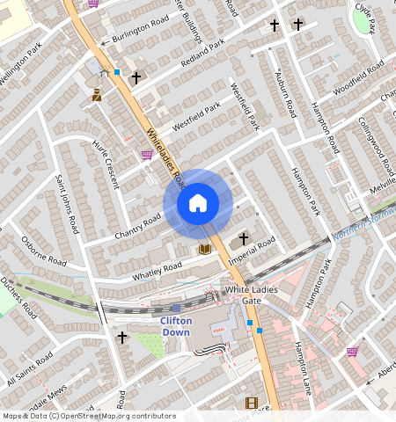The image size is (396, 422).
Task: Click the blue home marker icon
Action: (x=198, y=203)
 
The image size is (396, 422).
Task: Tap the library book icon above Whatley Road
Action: (x=205, y=249)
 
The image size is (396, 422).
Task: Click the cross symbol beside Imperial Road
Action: (x=244, y=238)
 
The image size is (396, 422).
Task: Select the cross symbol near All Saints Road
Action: (x=121, y=337)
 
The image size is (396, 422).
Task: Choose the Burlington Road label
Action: (x=136, y=33)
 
